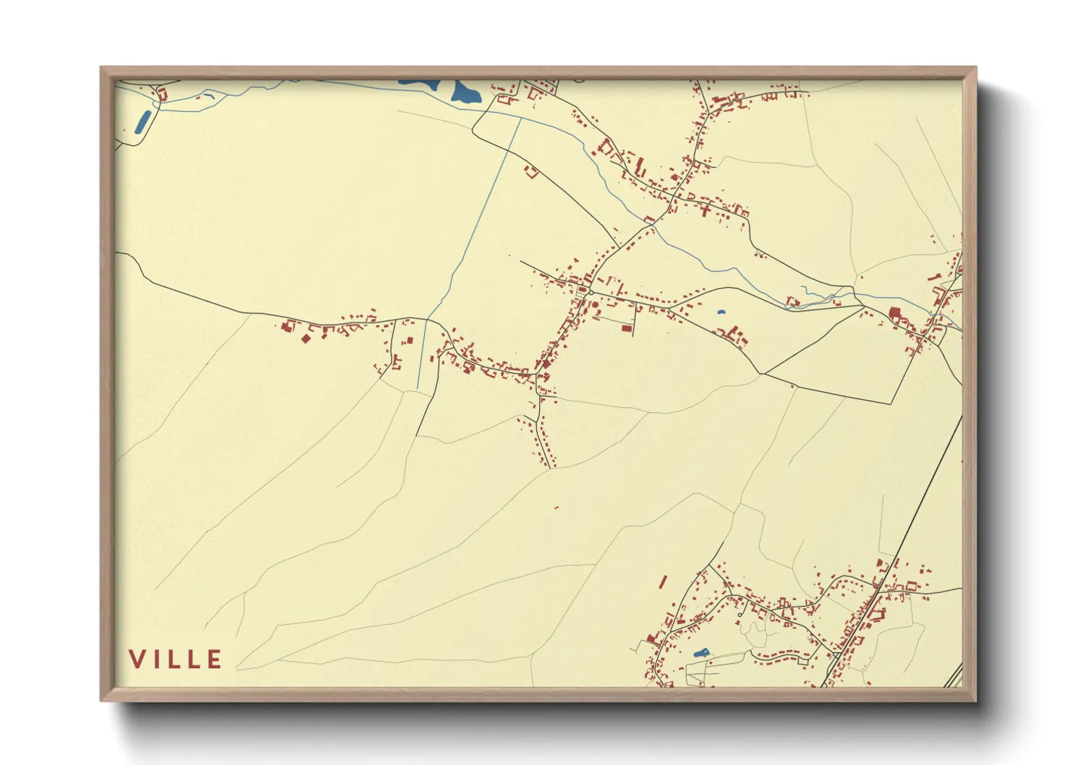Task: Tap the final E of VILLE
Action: [214, 659]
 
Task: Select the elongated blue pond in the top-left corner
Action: [143, 122]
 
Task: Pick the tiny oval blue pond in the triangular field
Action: [721, 312]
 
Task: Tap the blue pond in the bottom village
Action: [700, 653]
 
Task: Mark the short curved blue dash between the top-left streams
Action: [208, 95]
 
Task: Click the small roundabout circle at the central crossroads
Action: [590, 292]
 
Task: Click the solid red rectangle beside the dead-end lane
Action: [627, 328]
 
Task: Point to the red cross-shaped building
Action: [706, 210]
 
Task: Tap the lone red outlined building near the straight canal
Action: [532, 172]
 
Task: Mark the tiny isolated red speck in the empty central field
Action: [556, 508]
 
